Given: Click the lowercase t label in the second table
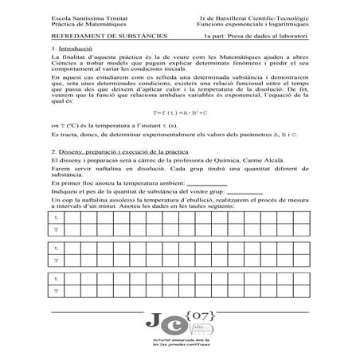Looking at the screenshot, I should pos(56,248).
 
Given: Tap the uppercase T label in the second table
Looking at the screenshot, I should pos(56,260).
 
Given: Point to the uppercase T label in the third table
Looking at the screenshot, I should pos(56,292).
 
